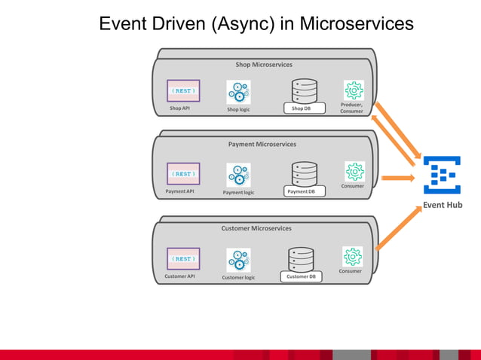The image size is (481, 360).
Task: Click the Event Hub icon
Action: click(442, 175)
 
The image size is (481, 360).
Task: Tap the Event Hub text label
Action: click(443, 205)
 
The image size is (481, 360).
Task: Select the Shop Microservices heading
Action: click(264, 65)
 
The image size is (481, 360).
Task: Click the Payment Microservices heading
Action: click(262, 144)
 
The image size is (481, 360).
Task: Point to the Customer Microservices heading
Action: click(256, 228)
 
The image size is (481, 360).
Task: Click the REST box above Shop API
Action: click(183, 90)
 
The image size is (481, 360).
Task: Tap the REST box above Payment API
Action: click(183, 173)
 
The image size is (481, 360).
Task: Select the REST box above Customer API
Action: click(183, 258)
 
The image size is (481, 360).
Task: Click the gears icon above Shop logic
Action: click(238, 93)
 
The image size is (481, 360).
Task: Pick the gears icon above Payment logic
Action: click(238, 175)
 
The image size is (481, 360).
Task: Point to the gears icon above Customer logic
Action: click(238, 260)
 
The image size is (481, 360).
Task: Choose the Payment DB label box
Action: click(305, 192)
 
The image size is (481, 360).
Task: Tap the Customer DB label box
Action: click(302, 276)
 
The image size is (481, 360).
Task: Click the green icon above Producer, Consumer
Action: click(354, 90)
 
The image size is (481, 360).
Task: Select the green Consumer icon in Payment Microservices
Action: click(354, 171)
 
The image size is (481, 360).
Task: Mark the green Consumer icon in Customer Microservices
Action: click(352, 256)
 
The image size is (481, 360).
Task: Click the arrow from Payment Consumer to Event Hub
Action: click(397, 178)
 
